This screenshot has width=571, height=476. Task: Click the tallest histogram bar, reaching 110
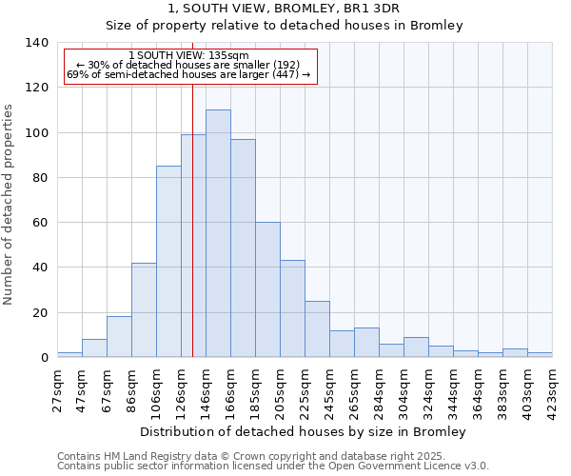(218, 233)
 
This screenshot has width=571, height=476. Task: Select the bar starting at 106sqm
(168, 262)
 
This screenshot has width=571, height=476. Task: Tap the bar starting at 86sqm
(144, 309)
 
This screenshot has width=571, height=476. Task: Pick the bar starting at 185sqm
(267, 289)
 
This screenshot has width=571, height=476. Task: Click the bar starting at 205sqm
(292, 308)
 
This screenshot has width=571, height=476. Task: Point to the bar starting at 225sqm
(317, 329)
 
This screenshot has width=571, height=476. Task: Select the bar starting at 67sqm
(119, 337)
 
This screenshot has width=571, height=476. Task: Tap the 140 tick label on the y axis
(37, 43)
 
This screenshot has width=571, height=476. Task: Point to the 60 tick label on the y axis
(41, 223)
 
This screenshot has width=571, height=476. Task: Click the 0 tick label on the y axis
(44, 358)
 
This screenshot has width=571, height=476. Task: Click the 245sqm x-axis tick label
(329, 388)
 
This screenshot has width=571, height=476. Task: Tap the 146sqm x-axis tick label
(206, 388)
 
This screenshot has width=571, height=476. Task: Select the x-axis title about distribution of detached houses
(309, 431)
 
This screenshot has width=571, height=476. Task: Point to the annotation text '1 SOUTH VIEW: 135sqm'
(188, 55)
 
